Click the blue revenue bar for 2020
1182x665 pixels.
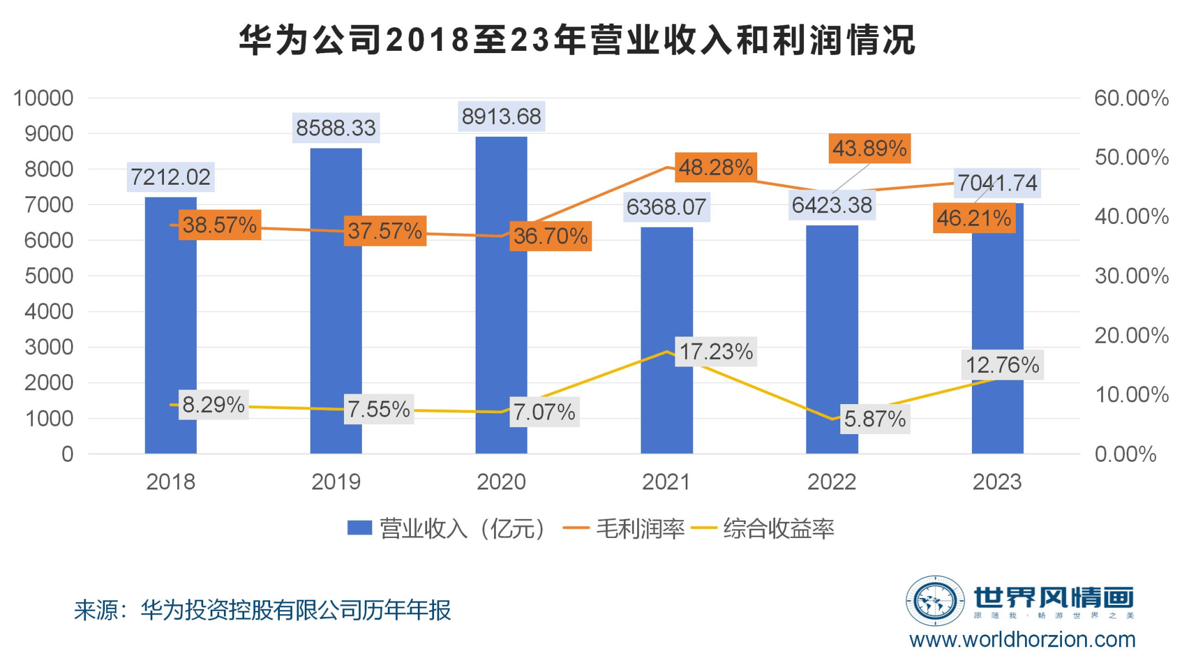[x=501, y=323]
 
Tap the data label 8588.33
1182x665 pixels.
[x=336, y=128]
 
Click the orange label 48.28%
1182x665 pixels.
[x=716, y=167]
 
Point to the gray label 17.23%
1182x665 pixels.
[x=716, y=352]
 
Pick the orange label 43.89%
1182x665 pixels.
[x=869, y=148]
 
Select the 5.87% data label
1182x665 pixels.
[x=875, y=419]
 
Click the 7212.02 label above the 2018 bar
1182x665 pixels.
[x=171, y=177]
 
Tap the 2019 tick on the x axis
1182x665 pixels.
[x=336, y=482]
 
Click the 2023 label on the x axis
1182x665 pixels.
[x=997, y=482]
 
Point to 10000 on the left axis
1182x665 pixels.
[x=44, y=98]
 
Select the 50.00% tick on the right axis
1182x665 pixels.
[x=1131, y=158]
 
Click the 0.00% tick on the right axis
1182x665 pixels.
[x=1125, y=454]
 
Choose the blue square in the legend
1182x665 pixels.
[x=359, y=528]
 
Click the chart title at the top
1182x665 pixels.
[x=577, y=40]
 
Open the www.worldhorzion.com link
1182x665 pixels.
[x=1022, y=640]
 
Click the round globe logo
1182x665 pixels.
[x=935, y=601]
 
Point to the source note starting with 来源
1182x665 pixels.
[x=263, y=610]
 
